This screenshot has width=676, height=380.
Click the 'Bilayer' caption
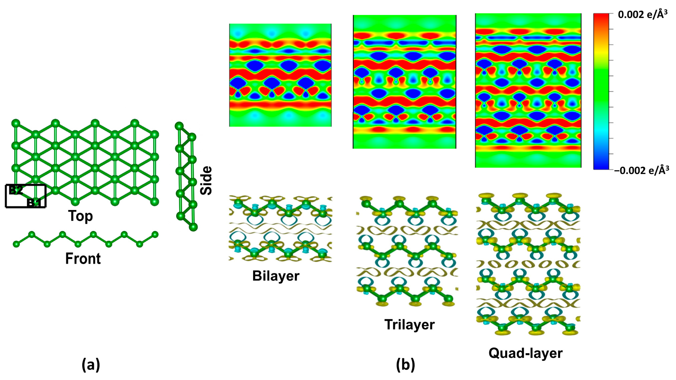(x=276, y=276)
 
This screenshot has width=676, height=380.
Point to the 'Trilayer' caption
(x=410, y=325)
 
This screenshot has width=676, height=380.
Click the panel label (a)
(x=91, y=365)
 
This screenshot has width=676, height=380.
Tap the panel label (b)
(x=405, y=365)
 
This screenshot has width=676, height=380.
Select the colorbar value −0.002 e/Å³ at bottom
(x=641, y=170)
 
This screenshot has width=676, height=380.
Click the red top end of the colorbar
(x=601, y=16)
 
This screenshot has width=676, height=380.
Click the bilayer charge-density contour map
(x=280, y=75)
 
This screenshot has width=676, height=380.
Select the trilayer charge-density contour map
(x=405, y=82)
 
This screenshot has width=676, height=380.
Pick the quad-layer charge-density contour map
(x=528, y=90)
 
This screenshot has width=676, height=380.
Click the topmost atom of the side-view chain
(x=179, y=126)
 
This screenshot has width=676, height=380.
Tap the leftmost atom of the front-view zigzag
(x=16, y=244)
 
